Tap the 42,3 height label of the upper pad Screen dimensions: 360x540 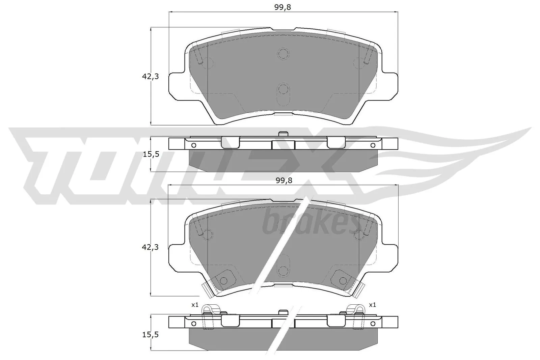pyautogui.click(x=150, y=77)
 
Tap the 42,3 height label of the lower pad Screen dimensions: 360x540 pyautogui.click(x=150, y=247)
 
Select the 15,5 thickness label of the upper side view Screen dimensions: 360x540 pyautogui.click(x=150, y=154)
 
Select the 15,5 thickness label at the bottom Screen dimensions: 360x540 pyautogui.click(x=150, y=335)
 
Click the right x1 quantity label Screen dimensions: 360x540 pyautogui.click(x=372, y=305)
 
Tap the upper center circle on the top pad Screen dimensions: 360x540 pyautogui.click(x=283, y=53)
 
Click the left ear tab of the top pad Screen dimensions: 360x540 pyautogui.click(x=177, y=86)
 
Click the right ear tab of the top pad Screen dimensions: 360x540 pyautogui.click(x=389, y=86)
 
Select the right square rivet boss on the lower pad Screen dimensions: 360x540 pyautogui.click(x=343, y=280)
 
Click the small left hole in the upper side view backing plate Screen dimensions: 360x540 pyautogui.click(x=193, y=145)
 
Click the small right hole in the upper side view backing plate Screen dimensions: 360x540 pyautogui.click(x=373, y=145)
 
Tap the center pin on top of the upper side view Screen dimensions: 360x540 pyautogui.click(x=283, y=134)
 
